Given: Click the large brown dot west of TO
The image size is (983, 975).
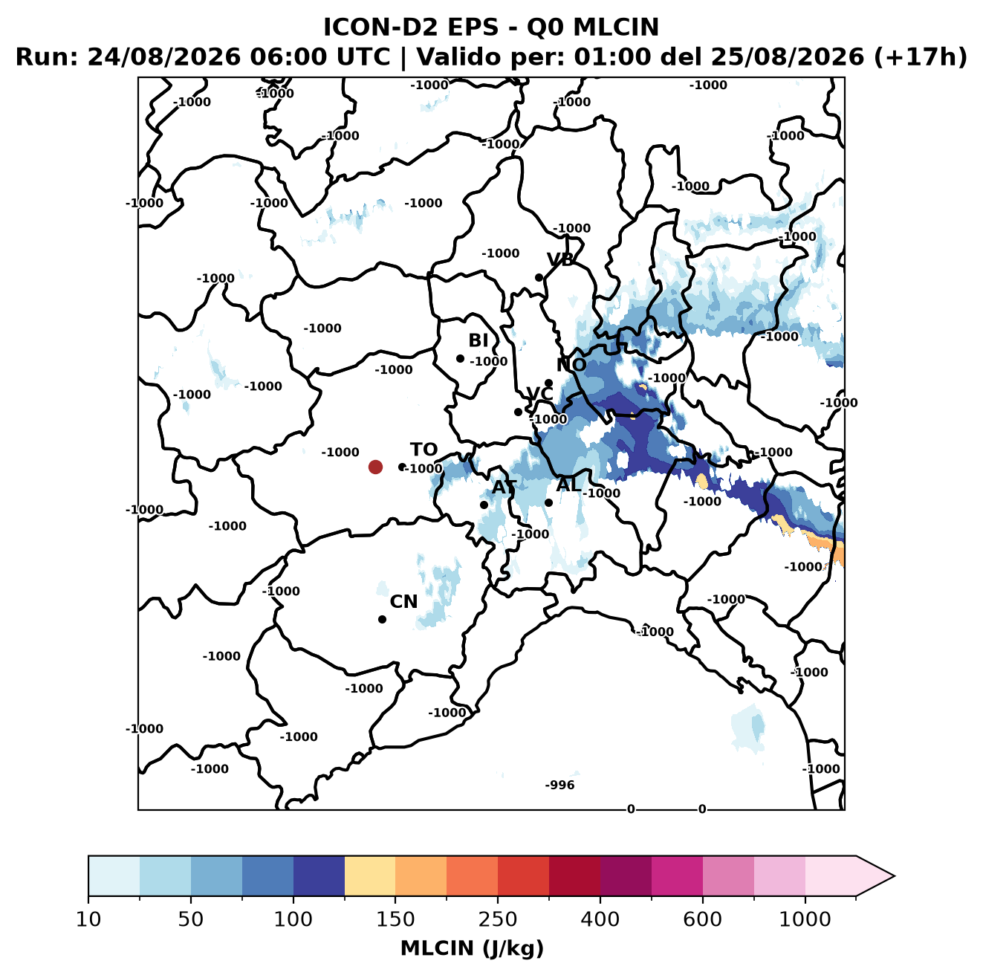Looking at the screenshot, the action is [x=375, y=467].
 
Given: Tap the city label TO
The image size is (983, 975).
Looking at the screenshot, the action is [x=424, y=450].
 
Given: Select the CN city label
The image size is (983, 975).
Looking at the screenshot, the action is [x=403, y=602].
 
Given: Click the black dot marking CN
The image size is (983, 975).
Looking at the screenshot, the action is [x=382, y=619].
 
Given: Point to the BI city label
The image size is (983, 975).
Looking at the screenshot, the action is [x=478, y=340].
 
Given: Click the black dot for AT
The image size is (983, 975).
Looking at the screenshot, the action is [x=484, y=505].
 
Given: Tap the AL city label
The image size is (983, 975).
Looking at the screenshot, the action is [x=569, y=485].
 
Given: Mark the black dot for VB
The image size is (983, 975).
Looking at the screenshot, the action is [x=539, y=277].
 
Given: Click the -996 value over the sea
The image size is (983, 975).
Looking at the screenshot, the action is [x=559, y=785].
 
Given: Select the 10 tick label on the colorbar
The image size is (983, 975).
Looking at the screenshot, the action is [x=88, y=919].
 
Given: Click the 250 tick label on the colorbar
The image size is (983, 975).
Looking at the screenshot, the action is [x=497, y=919].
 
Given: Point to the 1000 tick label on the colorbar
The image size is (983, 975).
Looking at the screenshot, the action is [x=805, y=919].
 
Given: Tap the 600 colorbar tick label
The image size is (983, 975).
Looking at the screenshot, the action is [x=702, y=919].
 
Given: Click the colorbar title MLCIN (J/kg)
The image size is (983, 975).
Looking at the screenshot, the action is [x=473, y=948].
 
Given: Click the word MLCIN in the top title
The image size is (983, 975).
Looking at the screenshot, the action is [x=616, y=27].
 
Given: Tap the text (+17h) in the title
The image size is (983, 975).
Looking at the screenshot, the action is [x=920, y=56].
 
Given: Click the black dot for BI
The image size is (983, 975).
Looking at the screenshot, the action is [x=460, y=359].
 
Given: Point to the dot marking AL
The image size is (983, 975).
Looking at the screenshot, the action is [x=548, y=502].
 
